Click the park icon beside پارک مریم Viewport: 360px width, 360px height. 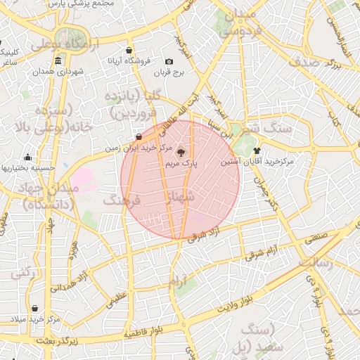(x=180, y=151)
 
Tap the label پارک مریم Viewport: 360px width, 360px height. (x=181, y=163)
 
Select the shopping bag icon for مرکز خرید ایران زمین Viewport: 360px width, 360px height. (x=139, y=136)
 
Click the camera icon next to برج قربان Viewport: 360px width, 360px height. (x=169, y=62)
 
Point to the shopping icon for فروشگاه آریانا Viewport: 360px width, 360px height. (x=129, y=51)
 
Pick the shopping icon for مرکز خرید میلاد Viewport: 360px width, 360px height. (x=34, y=309)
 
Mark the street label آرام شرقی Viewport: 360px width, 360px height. (x=262, y=253)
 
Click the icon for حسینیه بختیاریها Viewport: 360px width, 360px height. (x=27, y=157)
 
